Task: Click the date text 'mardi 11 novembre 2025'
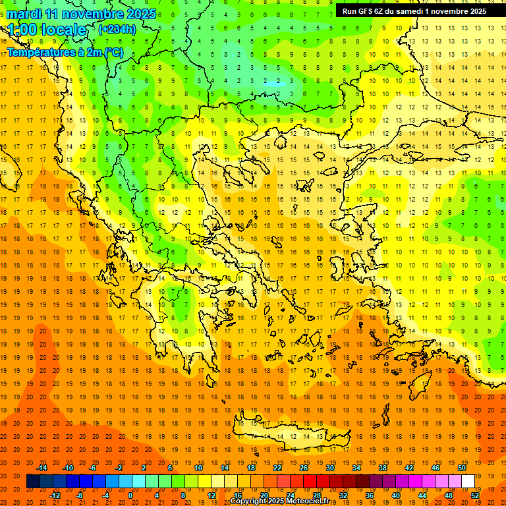[82, 14]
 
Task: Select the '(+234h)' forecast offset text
[117, 29]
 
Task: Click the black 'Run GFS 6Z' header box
[414, 11]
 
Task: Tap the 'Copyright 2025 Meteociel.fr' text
[289, 501]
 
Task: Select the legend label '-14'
[42, 468]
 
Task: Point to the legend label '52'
[475, 495]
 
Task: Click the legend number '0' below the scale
[130, 495]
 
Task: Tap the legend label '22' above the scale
[277, 468]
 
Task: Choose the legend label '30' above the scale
[330, 468]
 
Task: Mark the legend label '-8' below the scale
[79, 495]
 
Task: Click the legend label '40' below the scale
[396, 495]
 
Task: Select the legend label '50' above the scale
[462, 468]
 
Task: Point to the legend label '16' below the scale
[238, 495]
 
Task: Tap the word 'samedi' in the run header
[408, 11]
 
